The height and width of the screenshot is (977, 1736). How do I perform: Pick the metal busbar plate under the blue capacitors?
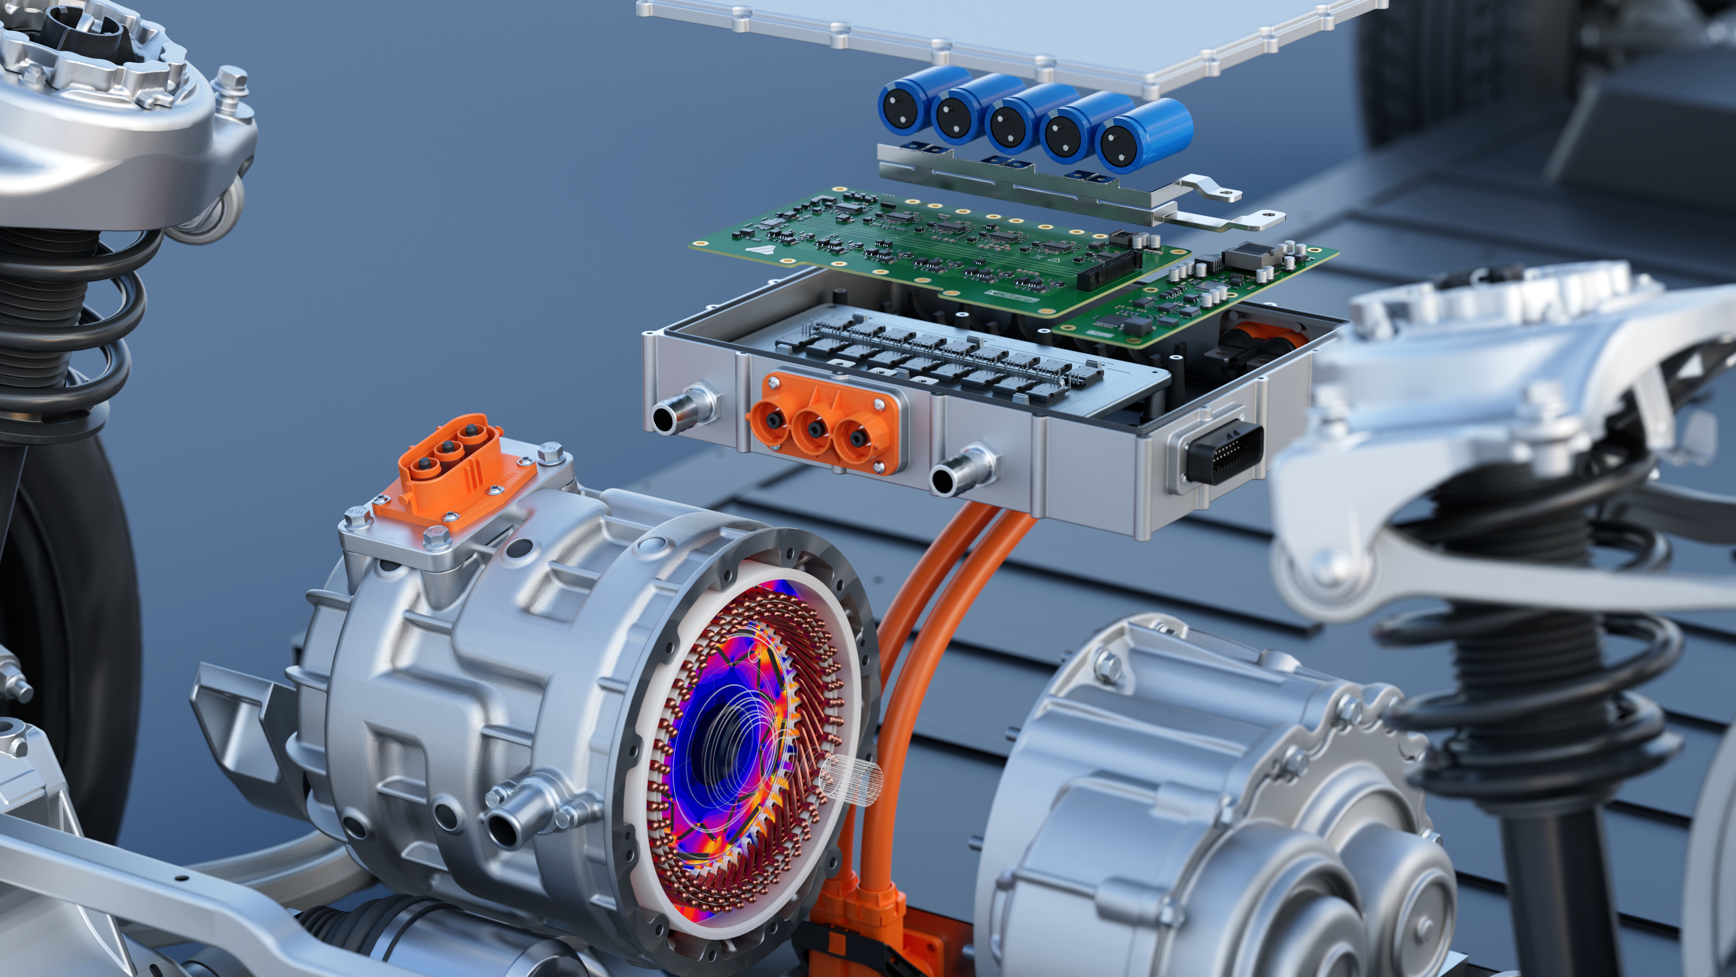[1051, 182]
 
